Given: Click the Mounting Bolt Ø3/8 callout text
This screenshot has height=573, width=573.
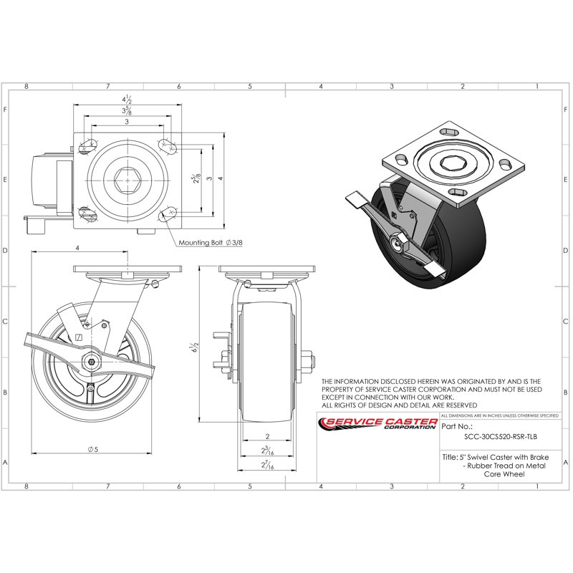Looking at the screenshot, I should click(211, 243).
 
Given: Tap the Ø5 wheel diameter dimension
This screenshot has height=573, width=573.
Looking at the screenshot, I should click(92, 449).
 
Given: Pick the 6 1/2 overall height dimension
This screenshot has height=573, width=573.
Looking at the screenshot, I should click(192, 348).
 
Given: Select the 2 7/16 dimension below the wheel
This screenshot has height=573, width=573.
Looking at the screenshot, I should click(266, 466).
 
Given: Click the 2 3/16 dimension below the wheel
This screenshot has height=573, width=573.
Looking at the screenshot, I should click(266, 451).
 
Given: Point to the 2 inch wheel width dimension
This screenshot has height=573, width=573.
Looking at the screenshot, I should click(266, 436).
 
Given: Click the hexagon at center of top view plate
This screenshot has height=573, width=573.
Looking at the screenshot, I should click(126, 177).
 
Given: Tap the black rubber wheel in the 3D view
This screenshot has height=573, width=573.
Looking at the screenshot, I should click(458, 236).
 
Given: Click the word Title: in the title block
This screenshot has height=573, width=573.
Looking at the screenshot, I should click(450, 456).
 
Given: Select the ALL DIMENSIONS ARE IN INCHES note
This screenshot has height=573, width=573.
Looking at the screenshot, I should click(499, 415).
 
